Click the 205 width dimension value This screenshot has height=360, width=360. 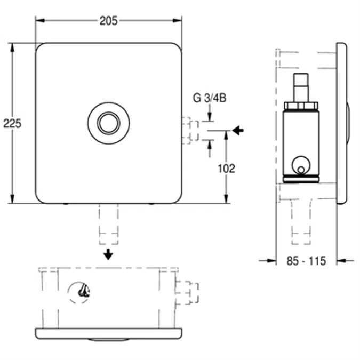tap(108, 21)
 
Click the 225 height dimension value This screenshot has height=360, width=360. tap(12, 123)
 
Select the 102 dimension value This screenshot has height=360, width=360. tap(227, 168)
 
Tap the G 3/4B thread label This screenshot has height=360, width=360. tap(209, 98)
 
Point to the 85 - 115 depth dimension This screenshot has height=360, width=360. tap(306, 261)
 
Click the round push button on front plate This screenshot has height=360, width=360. tap(108, 123)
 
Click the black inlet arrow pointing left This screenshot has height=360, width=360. tap(238, 130)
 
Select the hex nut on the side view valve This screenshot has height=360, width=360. tap(301, 106)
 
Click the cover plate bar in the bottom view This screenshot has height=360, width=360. tap(108, 333)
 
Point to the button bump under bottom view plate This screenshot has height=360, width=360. tap(108, 340)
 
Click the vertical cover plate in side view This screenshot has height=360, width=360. tap(341, 123)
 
